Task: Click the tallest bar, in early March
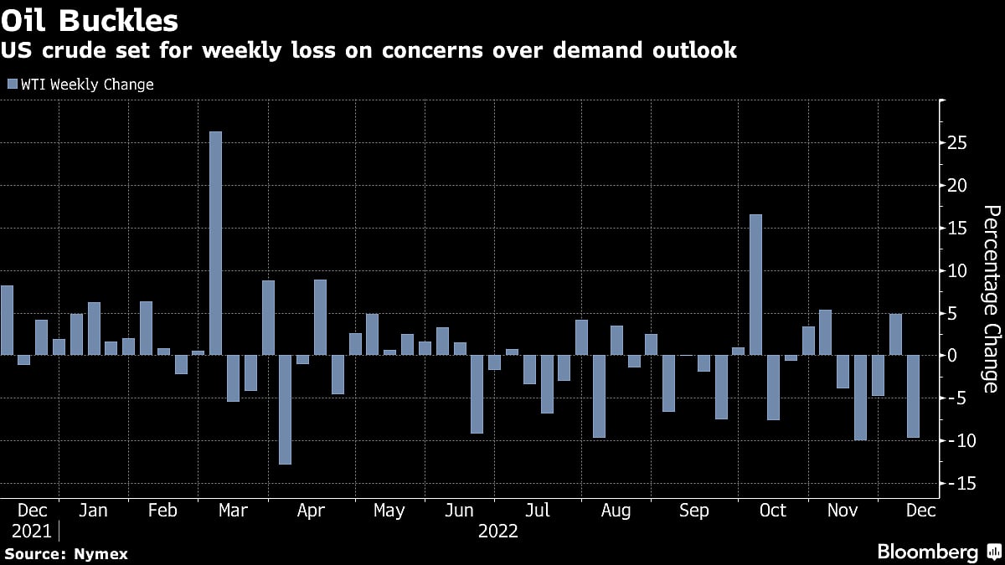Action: [215, 243]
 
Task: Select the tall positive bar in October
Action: [755, 285]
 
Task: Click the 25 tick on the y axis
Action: [958, 143]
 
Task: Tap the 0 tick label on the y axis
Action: [953, 356]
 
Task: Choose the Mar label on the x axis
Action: [232, 510]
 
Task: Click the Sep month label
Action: [694, 510]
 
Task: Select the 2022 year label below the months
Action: [497, 531]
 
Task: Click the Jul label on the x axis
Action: [538, 510]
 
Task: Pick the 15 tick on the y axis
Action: [958, 229]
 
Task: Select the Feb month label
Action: [162, 510]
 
